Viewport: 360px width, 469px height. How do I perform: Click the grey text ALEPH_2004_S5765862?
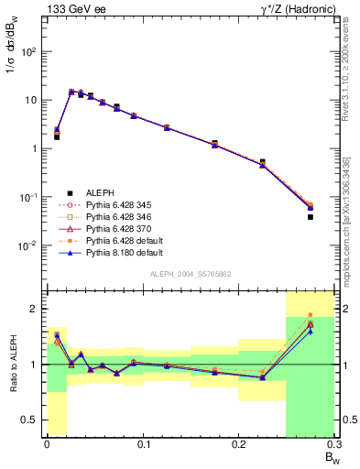pyautogui.click(x=190, y=274)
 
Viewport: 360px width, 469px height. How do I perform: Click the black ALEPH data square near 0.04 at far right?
pyautogui.click(x=311, y=217)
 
